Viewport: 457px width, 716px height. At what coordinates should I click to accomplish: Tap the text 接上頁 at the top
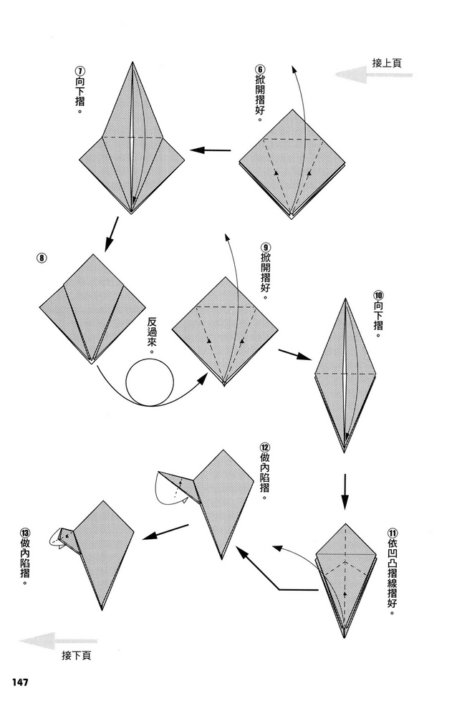coord(387,63)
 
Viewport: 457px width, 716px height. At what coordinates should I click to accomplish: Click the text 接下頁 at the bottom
coord(76,655)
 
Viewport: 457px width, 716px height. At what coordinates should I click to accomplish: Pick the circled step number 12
coord(265,445)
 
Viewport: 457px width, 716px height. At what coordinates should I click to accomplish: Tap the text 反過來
coord(152,331)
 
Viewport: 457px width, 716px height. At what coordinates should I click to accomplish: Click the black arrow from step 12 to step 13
coord(168,531)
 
